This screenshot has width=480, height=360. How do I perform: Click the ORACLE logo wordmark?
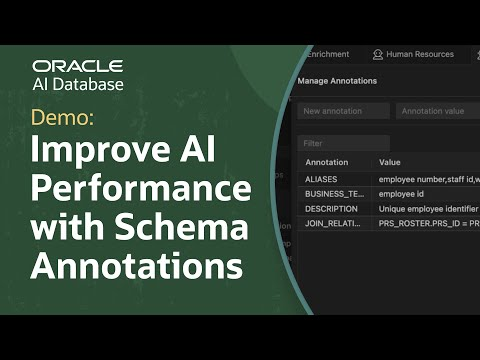pos(78,66)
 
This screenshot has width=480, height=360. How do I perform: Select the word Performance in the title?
pos(140,190)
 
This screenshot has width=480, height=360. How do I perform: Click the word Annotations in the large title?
pos(137,265)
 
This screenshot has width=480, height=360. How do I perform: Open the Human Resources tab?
pos(420,54)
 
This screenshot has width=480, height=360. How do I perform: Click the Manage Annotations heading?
pos(337,80)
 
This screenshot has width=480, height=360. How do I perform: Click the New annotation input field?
pos(343,111)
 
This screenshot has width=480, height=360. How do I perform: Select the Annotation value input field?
pos(436,111)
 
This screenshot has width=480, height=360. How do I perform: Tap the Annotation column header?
pos(327,161)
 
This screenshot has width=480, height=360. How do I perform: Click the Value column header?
pos(390,161)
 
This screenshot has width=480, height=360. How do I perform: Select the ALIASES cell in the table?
pos(322,179)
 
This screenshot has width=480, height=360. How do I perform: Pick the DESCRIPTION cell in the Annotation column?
pos(330,208)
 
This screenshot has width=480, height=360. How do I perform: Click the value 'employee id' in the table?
pos(404,193)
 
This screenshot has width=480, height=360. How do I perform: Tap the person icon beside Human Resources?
pos(378,54)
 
